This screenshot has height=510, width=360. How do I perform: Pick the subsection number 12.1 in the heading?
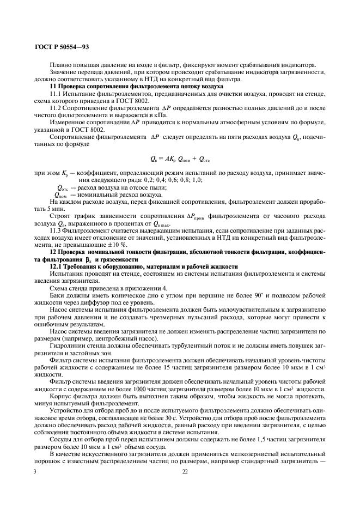[55, 267]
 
